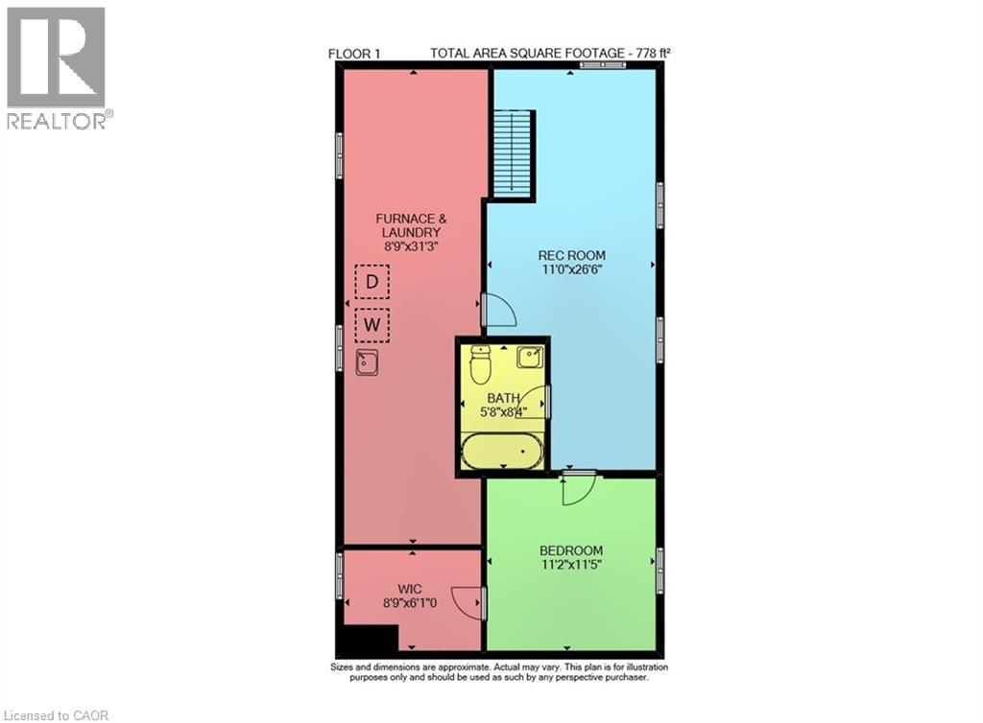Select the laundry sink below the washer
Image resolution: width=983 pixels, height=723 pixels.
point(367,362)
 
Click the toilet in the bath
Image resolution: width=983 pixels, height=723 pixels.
point(481,363)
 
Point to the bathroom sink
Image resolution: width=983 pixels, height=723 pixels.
point(529,358)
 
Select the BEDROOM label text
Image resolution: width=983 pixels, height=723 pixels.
point(571,550)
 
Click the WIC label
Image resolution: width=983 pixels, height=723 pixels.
point(411,588)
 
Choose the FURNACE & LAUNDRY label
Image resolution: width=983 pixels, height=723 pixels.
point(410,225)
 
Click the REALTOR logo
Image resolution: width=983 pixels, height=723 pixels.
point(57,67)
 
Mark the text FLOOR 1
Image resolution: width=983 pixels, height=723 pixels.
point(355,55)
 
